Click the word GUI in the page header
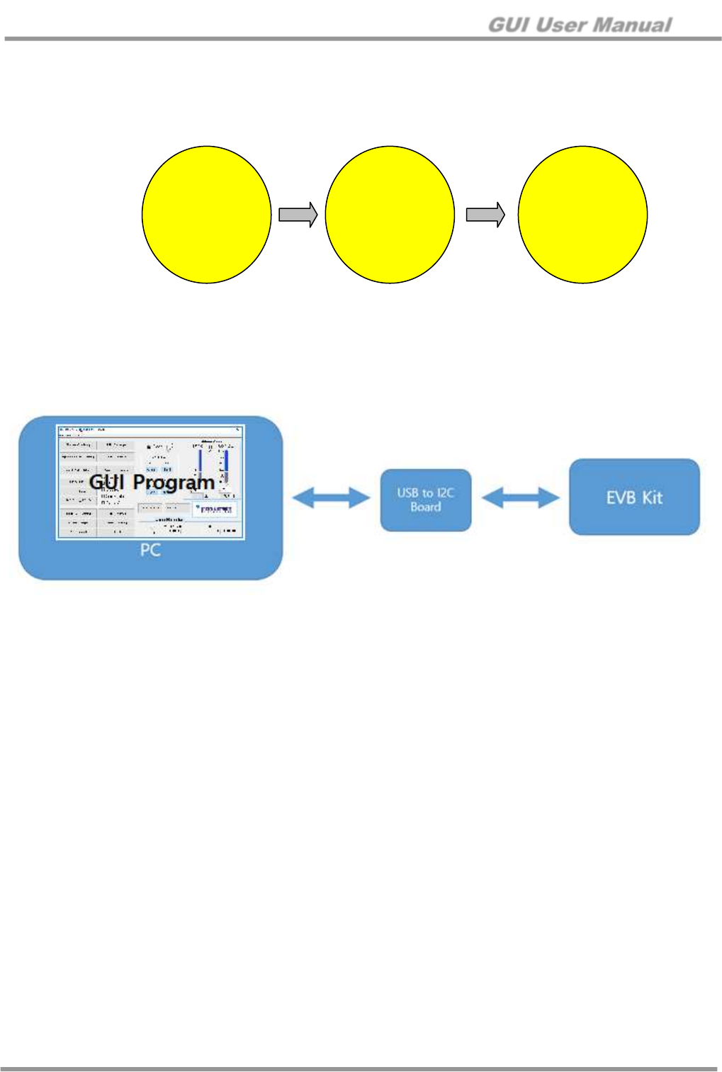coord(508,26)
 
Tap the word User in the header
coord(560,26)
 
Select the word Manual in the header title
coord(632,26)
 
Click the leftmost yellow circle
coord(206,215)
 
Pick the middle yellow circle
coord(390,215)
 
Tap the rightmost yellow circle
coord(582,215)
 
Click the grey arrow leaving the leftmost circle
coord(298,215)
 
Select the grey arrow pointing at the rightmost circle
coord(485,215)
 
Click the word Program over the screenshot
coord(174,483)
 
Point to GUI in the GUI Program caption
coord(107,483)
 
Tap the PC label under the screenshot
coord(150,550)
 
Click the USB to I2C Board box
coord(426,500)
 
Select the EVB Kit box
coord(634,497)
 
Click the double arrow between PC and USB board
coord(331,497)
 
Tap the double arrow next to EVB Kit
coord(520,497)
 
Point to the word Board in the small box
coord(426,507)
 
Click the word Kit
coord(652,497)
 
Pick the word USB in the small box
coord(407,493)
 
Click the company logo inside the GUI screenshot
coord(215,509)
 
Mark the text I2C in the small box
coord(445,493)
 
